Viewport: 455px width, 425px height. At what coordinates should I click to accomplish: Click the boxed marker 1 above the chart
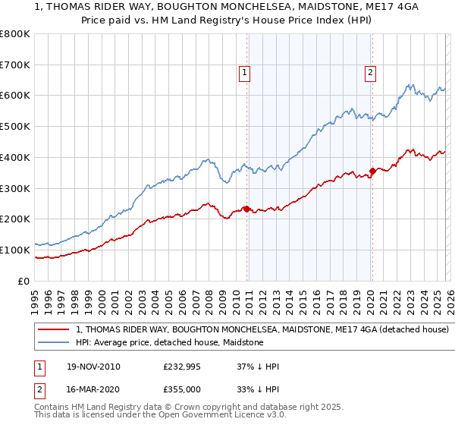coord(246,73)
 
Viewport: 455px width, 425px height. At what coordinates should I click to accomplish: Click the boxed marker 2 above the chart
coord(370,73)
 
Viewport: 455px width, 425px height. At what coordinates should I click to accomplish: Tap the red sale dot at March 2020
coord(372,171)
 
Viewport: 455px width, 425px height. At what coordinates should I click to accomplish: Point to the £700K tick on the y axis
coord(17,65)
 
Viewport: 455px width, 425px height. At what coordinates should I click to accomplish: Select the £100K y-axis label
coord(17,250)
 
